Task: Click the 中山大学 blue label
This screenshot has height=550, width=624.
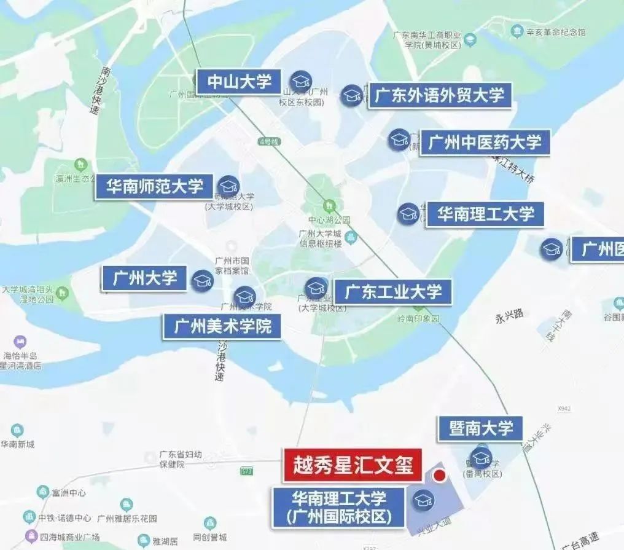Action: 239,82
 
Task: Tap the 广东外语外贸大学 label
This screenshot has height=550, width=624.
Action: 439,96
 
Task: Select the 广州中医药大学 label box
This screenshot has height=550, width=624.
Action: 485,143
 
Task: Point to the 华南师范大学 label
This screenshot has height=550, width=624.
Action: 154,186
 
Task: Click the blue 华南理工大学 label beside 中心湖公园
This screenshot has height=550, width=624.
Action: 485,214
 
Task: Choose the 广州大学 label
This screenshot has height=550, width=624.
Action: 144,278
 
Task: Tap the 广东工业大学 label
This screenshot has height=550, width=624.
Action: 392,292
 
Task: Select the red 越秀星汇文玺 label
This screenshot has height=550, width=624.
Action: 353,466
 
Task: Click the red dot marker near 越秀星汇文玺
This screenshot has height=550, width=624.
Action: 439,476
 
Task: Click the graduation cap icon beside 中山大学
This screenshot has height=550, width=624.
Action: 301,81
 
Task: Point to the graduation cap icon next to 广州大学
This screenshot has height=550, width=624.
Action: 202,281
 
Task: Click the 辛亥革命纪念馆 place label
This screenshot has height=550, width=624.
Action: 555,31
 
